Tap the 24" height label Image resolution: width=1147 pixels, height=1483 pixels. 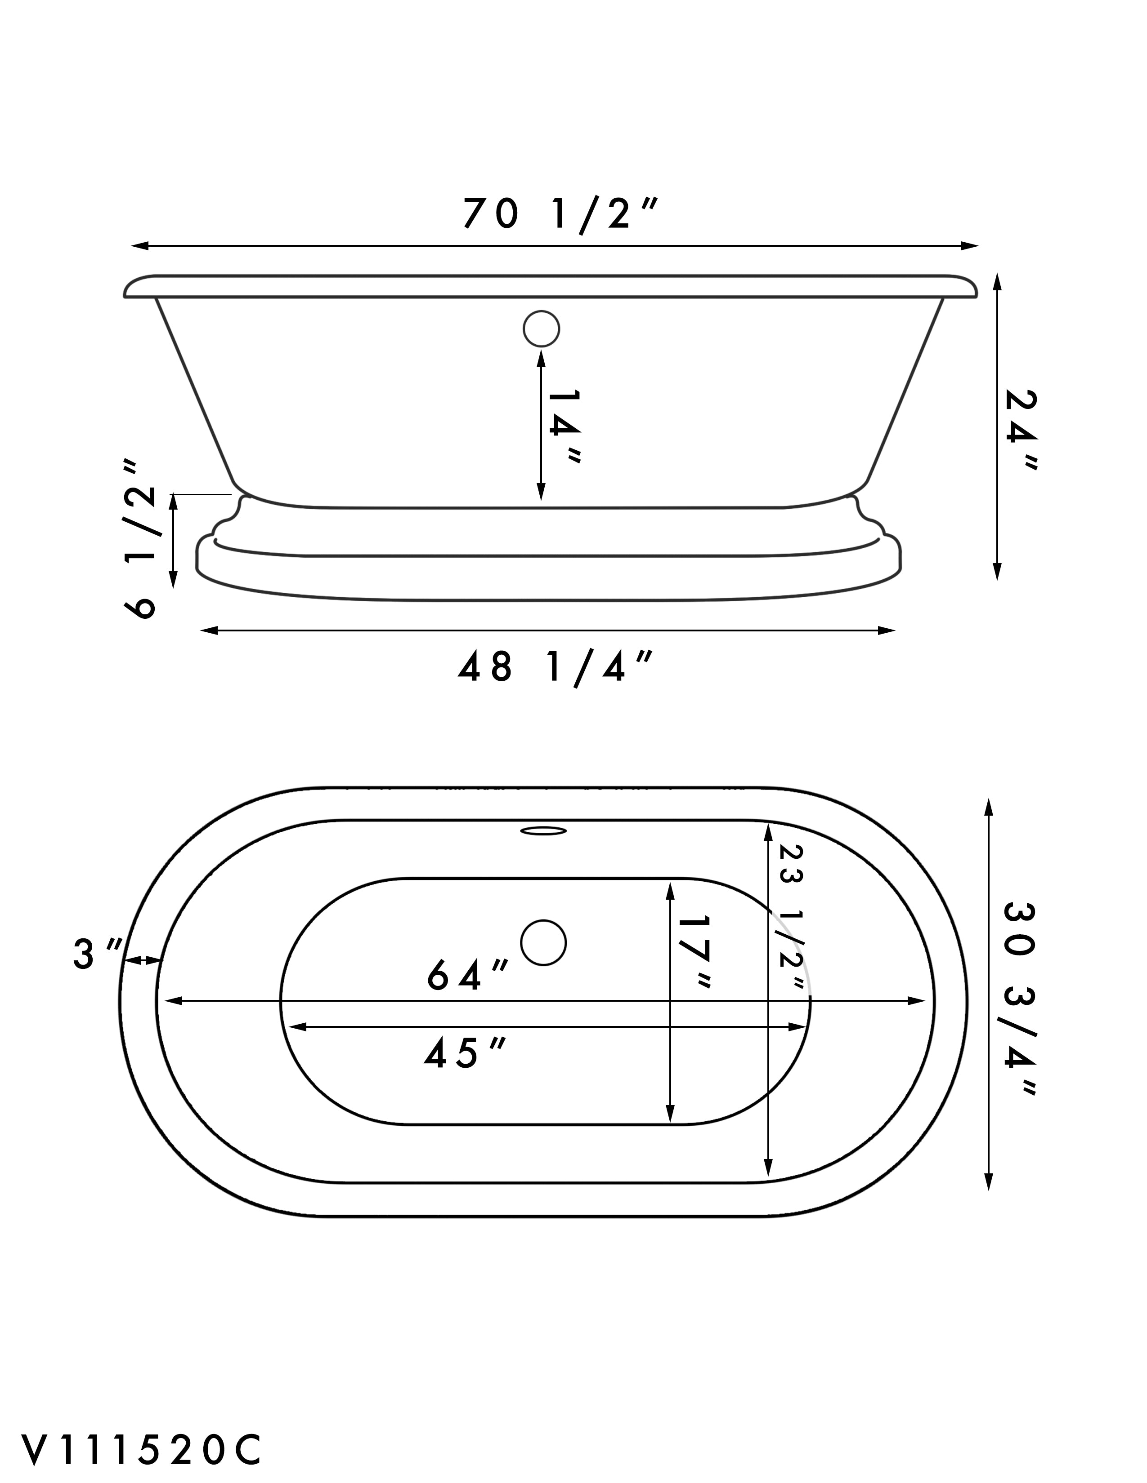pyautogui.click(x=1022, y=431)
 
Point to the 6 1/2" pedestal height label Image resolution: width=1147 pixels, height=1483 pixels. pyautogui.click(x=141, y=538)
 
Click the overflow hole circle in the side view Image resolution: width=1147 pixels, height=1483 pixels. pyautogui.click(x=542, y=329)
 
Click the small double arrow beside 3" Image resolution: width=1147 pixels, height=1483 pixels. pyautogui.click(x=143, y=960)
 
